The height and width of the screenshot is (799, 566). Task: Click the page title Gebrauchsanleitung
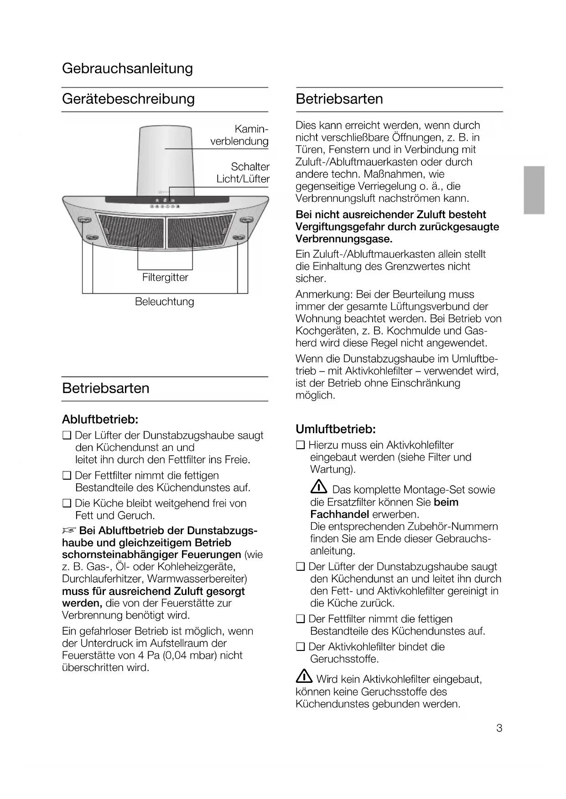[x=127, y=68]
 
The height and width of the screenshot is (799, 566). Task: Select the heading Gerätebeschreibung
[x=128, y=99]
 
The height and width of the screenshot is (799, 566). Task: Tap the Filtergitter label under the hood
[x=165, y=277]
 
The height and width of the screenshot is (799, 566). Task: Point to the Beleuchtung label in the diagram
[x=164, y=302]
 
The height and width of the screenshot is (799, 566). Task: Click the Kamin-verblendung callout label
[x=239, y=135]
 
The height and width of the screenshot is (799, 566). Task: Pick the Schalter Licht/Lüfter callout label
[x=243, y=173]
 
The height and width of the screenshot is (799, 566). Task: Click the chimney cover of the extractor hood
[x=166, y=159]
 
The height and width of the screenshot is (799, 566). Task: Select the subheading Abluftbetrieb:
[x=100, y=419]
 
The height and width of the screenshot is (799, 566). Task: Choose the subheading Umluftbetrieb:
[x=336, y=429]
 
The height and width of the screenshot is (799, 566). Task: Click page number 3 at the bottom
[x=499, y=728]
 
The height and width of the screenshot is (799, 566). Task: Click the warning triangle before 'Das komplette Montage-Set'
[x=318, y=488]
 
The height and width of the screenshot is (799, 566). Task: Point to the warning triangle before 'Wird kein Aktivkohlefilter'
[x=304, y=678]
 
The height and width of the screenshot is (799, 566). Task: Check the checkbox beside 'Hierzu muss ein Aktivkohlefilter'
[x=300, y=445]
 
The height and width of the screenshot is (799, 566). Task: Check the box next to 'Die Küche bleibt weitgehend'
[x=67, y=503]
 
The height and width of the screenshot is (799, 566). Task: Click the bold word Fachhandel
[x=339, y=514]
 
